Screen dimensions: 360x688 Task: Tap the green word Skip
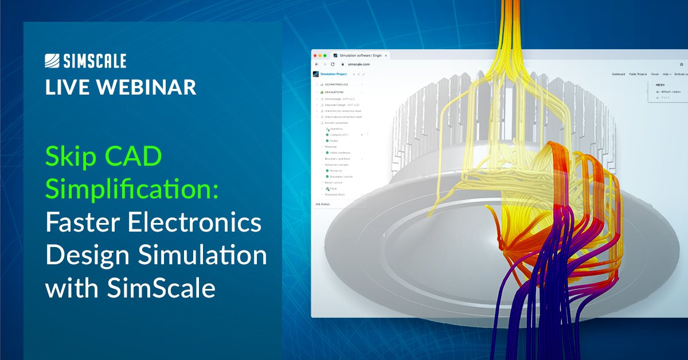point(69,158)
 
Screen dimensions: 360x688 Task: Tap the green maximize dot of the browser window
point(326,56)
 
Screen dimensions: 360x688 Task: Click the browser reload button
point(333,65)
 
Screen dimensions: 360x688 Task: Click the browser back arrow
point(316,65)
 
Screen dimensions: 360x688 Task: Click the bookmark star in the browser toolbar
point(681,65)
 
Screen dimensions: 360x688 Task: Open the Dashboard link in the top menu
point(618,74)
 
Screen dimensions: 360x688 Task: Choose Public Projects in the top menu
point(638,74)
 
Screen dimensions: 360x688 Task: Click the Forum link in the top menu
point(655,74)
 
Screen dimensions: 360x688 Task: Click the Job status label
point(322,204)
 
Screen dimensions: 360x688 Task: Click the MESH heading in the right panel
point(660,85)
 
